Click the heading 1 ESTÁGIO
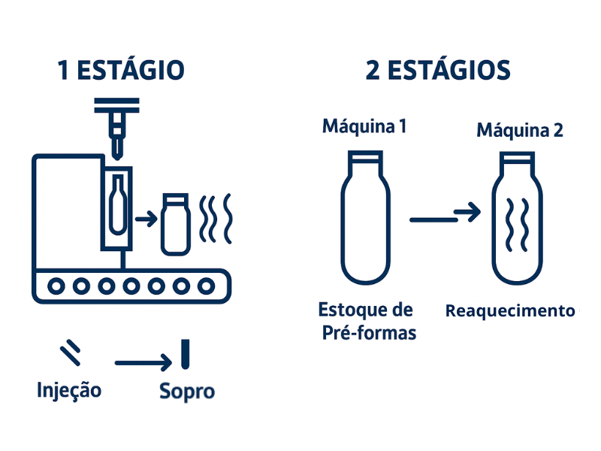121,70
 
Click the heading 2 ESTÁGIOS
438,70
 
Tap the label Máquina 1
364,126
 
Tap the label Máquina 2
520,130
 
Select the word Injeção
69,390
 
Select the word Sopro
187,392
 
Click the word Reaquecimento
510,310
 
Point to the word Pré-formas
369,333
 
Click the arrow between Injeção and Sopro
143,362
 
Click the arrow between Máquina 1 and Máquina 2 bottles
445,216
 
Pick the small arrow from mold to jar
146,219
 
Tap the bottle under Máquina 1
366,217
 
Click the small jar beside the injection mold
176,225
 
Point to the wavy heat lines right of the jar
216,219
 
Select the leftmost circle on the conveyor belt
56,286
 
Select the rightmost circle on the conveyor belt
206,286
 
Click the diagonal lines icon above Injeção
71,352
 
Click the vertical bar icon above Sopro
185,354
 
